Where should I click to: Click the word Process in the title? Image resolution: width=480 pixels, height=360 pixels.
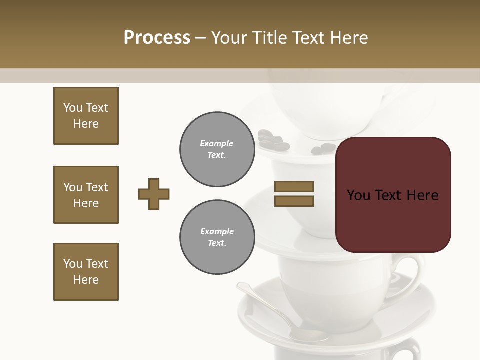tap(157, 37)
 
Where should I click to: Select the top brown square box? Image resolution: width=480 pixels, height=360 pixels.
tap(86, 116)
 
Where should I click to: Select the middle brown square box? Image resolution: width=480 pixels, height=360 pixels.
tap(86, 195)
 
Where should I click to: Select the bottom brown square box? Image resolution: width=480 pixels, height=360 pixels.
tap(86, 272)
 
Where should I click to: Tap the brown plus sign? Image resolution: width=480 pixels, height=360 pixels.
tap(154, 194)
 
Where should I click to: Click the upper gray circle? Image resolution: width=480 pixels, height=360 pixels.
tap(217, 149)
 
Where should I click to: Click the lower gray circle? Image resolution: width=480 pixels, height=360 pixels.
tap(217, 237)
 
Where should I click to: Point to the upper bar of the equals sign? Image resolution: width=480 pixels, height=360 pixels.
tap(294, 186)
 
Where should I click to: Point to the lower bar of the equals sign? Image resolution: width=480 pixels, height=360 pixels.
tap(294, 201)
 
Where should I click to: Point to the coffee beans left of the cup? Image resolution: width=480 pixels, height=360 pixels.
tap(273, 140)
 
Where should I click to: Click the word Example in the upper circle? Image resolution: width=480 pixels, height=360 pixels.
tap(217, 143)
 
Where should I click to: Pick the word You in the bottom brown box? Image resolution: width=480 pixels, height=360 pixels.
tap(73, 264)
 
